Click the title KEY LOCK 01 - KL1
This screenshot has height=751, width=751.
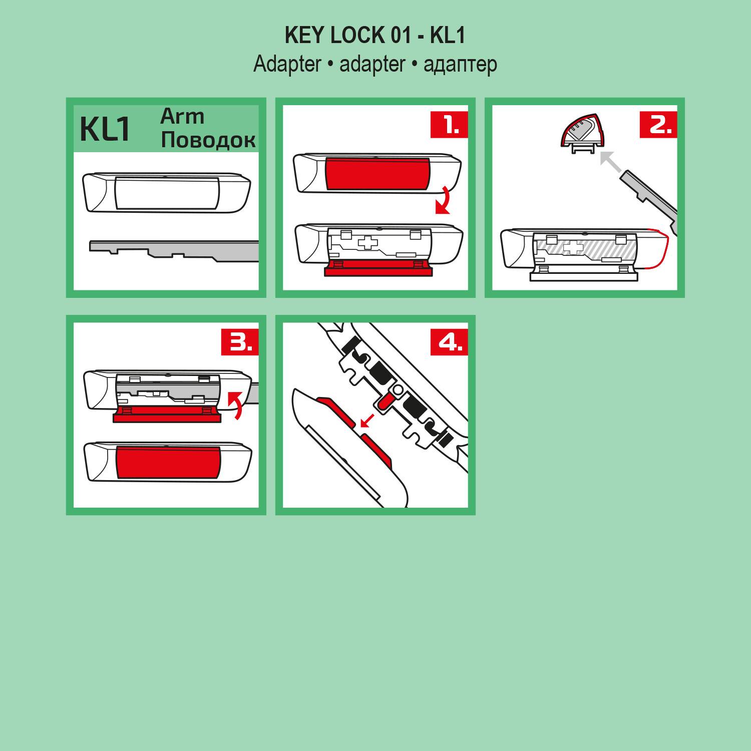(x=375, y=36)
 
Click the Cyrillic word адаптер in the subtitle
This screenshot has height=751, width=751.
(x=460, y=65)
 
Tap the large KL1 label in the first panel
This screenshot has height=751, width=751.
(x=105, y=129)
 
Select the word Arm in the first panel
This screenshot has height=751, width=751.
(x=182, y=117)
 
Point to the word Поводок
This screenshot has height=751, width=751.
(x=208, y=140)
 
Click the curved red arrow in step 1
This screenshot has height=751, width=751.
(x=443, y=200)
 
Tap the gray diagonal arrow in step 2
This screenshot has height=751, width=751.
(x=610, y=162)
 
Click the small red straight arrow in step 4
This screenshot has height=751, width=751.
(x=368, y=421)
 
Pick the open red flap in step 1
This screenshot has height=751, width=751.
(x=378, y=270)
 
